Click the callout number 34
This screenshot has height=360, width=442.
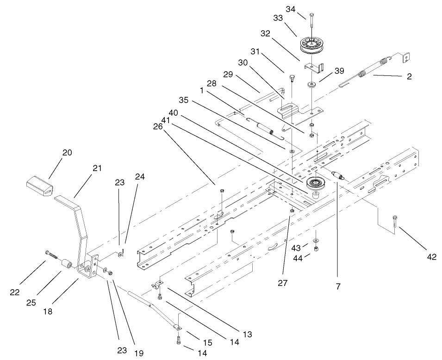[304, 9]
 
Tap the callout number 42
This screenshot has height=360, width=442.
[431, 258]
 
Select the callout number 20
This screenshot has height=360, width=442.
[67, 153]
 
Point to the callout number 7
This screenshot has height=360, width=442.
[338, 286]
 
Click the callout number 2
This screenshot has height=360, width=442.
[409, 77]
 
